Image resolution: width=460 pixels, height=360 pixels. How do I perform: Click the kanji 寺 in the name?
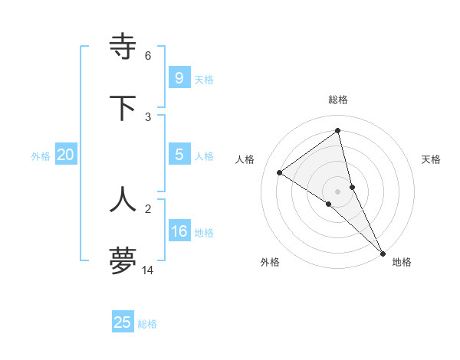click(x=123, y=47)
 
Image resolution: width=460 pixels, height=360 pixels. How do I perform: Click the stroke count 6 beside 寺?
click(x=147, y=56)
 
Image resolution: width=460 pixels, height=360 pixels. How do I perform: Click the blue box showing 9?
click(x=179, y=77)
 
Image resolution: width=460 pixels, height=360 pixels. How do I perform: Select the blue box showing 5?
click(x=179, y=155)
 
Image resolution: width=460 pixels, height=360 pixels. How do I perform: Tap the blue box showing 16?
click(x=179, y=231)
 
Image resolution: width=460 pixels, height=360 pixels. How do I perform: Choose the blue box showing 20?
click(x=66, y=155)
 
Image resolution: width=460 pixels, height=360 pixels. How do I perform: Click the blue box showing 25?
click(x=123, y=322)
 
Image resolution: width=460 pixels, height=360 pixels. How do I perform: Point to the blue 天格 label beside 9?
click(x=204, y=80)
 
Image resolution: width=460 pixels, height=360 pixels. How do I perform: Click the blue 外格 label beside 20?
click(x=41, y=156)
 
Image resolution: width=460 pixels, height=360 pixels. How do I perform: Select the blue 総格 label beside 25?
click(x=148, y=324)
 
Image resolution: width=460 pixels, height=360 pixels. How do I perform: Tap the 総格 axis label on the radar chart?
click(x=338, y=100)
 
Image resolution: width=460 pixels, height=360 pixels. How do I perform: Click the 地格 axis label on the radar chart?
click(x=402, y=262)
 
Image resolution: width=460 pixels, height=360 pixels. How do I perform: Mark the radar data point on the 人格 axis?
click(x=280, y=172)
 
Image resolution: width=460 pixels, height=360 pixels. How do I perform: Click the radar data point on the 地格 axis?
click(x=383, y=253)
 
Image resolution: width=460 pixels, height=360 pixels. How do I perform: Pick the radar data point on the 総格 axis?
click(x=338, y=131)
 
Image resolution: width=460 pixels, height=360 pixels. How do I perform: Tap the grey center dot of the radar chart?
click(x=338, y=191)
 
